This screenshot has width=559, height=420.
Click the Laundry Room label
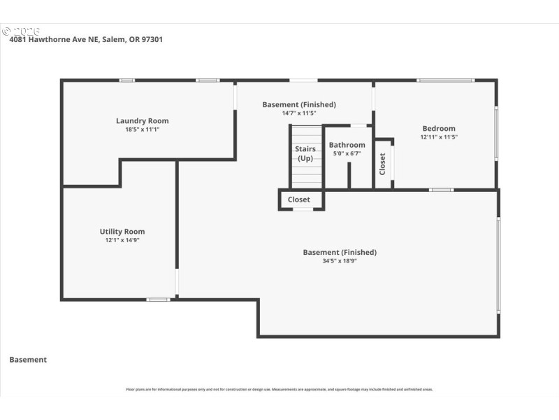142,121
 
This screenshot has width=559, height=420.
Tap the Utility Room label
122,232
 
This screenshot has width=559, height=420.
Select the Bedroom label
438,129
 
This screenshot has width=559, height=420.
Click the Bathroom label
347,146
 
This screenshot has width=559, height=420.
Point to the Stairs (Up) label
305,153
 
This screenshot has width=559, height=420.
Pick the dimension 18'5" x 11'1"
142,129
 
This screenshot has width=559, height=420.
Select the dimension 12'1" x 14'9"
122,240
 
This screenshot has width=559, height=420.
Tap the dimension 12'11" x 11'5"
438,137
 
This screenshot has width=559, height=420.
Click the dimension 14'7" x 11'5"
299,113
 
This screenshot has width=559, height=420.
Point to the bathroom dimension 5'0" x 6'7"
347,153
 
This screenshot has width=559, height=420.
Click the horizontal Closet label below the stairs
299,199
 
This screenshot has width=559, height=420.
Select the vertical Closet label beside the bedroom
382,164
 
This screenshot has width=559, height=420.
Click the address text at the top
86,40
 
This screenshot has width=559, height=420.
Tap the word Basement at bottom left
28,360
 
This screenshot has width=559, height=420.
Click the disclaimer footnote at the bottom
279,389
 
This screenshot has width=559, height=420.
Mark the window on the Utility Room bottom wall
159,300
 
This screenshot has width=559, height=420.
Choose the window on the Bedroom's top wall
446,80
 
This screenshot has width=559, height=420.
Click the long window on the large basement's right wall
498,265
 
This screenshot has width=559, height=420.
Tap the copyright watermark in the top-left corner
21,31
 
